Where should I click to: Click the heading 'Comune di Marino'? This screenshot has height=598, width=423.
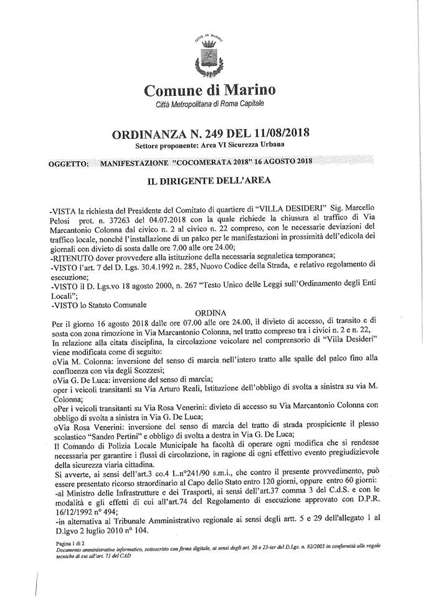(x=210, y=90)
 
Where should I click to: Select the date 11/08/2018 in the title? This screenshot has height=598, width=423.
(x=278, y=133)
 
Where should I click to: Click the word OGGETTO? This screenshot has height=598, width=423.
(x=68, y=163)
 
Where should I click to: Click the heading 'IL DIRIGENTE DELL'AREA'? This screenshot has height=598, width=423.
(x=211, y=182)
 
